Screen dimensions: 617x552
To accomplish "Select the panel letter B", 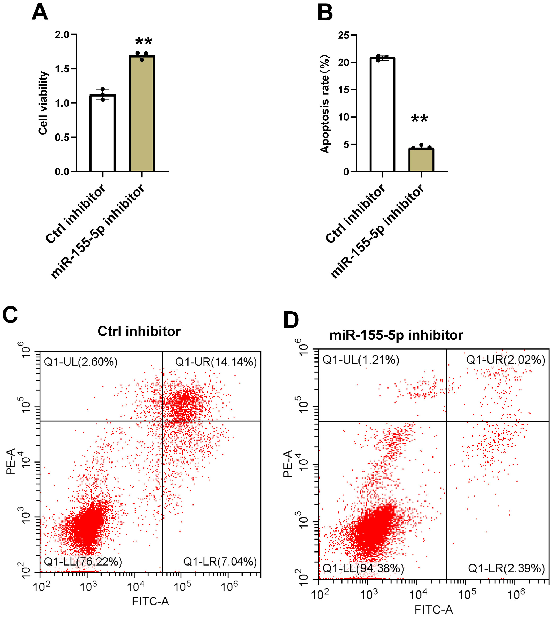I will pos(325,13).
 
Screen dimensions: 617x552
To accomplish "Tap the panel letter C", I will pos(10,314).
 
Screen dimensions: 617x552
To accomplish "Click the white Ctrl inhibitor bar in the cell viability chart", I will pos(102,133).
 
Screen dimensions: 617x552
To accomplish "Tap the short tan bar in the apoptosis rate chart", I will pos(421,160).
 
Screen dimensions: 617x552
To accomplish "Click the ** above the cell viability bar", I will pos(143,42).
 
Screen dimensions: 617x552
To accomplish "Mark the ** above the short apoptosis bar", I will pos(420,119).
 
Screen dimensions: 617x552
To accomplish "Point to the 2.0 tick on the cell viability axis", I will pos(62,35).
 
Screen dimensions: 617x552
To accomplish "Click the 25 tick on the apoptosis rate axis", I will pos(343,36).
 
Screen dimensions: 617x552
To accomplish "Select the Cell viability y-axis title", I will pos(43,103).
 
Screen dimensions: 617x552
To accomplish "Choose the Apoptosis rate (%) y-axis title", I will pos(324,104).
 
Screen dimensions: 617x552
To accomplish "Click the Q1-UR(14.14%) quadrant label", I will pos(216,362).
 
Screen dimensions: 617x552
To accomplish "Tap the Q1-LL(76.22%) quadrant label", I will pos(83,562).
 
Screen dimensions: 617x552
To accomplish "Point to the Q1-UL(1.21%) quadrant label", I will pos(361,360).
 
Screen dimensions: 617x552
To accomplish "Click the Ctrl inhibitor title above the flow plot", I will pos(139,331).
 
